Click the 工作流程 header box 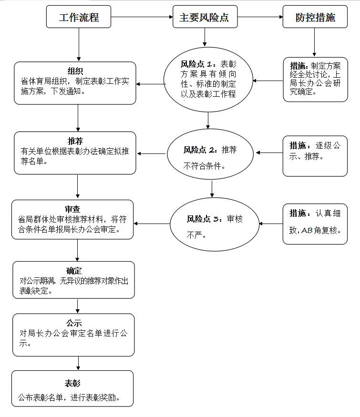pyautogui.click(x=79, y=17)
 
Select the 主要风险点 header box pyautogui.click(x=204, y=17)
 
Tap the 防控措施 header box pyautogui.click(x=315, y=17)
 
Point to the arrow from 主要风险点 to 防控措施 pyautogui.click(x=260, y=17)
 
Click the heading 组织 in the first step pyautogui.click(x=75, y=71)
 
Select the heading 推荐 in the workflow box pyautogui.click(x=75, y=141)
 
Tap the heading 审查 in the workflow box pyautogui.click(x=75, y=209)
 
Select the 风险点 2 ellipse pyautogui.click(x=210, y=156)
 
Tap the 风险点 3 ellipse pyautogui.click(x=215, y=224)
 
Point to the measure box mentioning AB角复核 pyautogui.click(x=315, y=222)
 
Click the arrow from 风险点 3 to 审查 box pyautogui.click(x=153, y=223)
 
